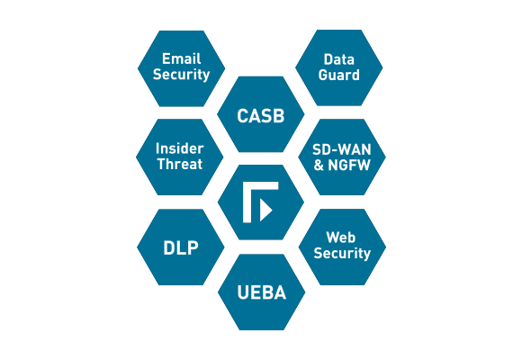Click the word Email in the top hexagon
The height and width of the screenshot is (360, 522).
click(182, 58)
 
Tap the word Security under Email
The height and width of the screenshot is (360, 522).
click(182, 75)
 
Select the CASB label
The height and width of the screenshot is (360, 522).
click(261, 116)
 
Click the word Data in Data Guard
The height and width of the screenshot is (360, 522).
click(339, 59)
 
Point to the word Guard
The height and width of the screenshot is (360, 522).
click(339, 75)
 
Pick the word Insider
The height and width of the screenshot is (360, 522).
click(180, 148)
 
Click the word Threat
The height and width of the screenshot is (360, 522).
click(180, 164)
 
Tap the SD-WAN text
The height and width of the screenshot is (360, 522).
click(342, 150)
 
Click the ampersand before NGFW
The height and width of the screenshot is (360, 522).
click(319, 166)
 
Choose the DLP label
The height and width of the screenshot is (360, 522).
click(181, 247)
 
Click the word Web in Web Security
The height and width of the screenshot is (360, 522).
click(340, 238)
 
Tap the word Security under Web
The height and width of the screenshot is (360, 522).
click(342, 254)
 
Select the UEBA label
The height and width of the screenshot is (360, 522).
click(262, 292)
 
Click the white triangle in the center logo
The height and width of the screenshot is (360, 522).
click(265, 210)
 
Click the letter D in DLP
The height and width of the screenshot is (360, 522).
click(169, 247)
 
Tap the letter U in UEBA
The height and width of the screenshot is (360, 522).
click(243, 292)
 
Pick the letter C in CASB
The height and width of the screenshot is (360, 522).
click(243, 116)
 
